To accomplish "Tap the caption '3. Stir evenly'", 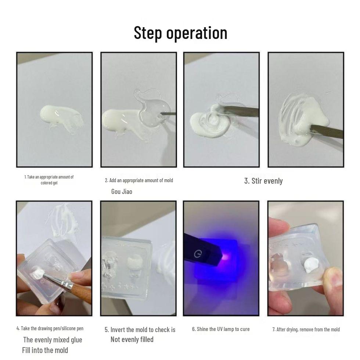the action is pos(263,181).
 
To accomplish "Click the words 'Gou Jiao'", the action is pos(122,191).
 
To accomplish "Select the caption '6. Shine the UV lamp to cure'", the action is pos(221,329).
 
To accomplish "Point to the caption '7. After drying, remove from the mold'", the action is pos(306,330).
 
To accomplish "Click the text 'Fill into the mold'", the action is pos(45,350).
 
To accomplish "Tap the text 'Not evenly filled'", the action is pos(132,339).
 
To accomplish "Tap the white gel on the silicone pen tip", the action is pos(37,273).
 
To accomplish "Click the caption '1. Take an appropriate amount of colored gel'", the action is pos(49,180).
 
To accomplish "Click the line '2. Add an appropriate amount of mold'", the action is pos(139,180).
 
